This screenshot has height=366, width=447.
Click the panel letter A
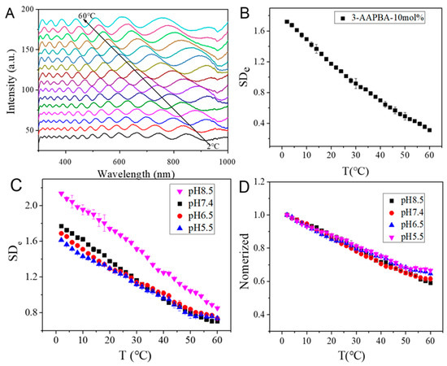[x=9, y=13]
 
